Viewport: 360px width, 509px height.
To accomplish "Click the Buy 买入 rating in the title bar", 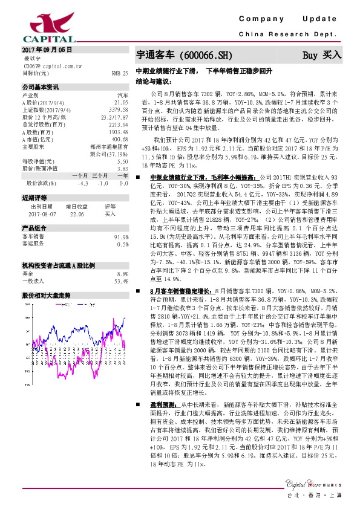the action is pyautogui.click(x=322, y=55).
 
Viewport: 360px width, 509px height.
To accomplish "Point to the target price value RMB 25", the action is pyautogui.click(x=120, y=73).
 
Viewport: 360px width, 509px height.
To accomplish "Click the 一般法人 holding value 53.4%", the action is pyautogui.click(x=121, y=281).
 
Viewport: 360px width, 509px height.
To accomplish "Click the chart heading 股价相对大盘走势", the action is pyautogui.click(x=46, y=296).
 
